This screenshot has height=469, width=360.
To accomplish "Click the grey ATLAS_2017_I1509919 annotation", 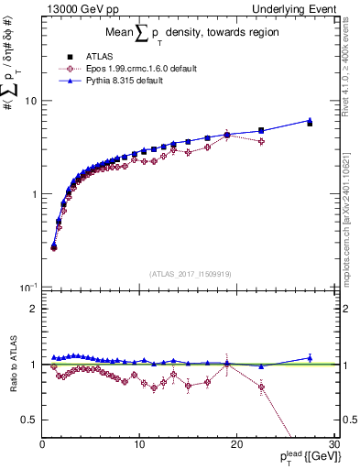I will point(189,274).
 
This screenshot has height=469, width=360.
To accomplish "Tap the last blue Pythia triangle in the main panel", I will point(310,120).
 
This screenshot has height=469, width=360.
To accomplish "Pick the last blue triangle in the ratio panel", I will point(310,358).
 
